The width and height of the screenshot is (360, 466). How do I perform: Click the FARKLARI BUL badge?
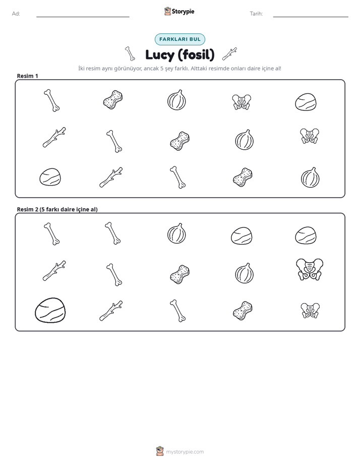179,39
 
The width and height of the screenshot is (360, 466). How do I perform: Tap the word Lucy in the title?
160,55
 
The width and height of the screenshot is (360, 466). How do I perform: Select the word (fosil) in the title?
196,54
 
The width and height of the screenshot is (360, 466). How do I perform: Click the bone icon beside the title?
130,53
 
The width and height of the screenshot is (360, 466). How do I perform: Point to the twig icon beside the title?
229,54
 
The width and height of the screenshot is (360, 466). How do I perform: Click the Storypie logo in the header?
179,11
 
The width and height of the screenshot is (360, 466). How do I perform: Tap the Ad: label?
16,14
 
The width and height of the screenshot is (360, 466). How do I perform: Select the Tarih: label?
256,14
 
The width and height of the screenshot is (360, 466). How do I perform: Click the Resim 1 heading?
27,76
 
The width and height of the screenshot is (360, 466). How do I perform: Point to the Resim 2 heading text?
57,209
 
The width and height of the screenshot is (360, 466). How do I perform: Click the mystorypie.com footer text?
185,452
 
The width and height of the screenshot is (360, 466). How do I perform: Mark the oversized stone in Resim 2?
50,310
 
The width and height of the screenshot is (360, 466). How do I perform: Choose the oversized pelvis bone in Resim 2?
310,269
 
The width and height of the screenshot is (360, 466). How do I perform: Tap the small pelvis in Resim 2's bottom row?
310,311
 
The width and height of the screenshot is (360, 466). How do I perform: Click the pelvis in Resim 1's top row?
242,102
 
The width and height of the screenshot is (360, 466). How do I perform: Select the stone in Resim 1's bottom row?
50,177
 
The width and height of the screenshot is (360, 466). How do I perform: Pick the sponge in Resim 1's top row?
113,99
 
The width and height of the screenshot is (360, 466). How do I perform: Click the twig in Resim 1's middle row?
54,137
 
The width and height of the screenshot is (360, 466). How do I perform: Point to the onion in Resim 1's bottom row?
310,178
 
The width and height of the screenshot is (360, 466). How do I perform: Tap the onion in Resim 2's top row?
176,234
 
